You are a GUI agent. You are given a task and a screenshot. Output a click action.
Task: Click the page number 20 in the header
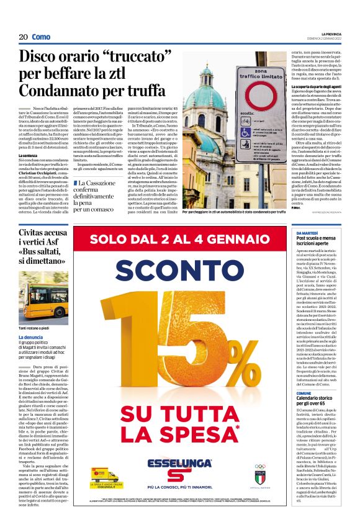pyautogui.click(x=23, y=37)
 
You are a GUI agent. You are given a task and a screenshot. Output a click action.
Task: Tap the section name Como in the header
pyautogui.click(x=41, y=37)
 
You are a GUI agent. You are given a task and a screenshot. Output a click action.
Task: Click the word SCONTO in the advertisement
pyautogui.click(x=186, y=271)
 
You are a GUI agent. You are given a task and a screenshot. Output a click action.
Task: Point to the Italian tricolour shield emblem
pyautogui.click(x=259, y=477)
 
